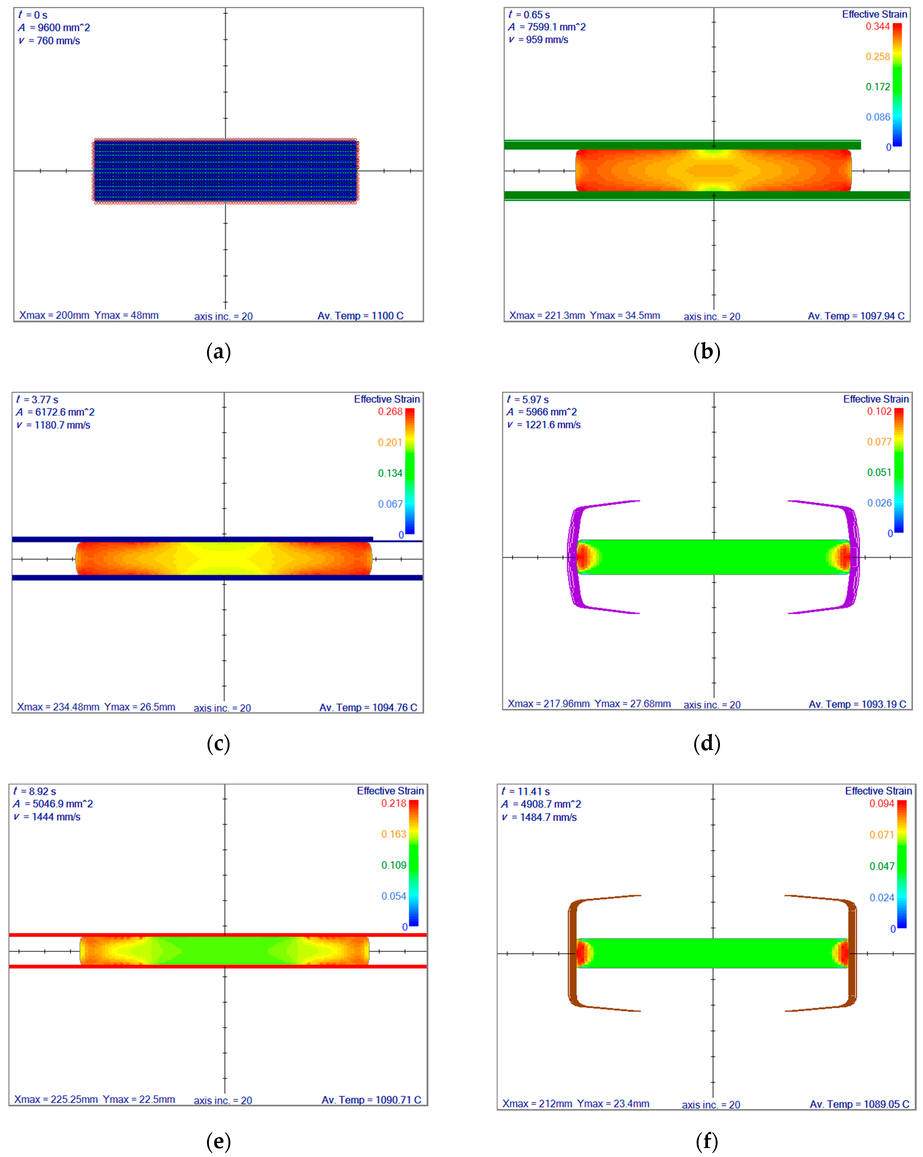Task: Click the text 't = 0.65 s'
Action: pos(529,15)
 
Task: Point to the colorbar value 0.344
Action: pos(878,26)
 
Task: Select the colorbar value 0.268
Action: pos(390,411)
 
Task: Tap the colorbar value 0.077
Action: pos(880,442)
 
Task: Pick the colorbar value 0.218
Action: pos(394,803)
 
